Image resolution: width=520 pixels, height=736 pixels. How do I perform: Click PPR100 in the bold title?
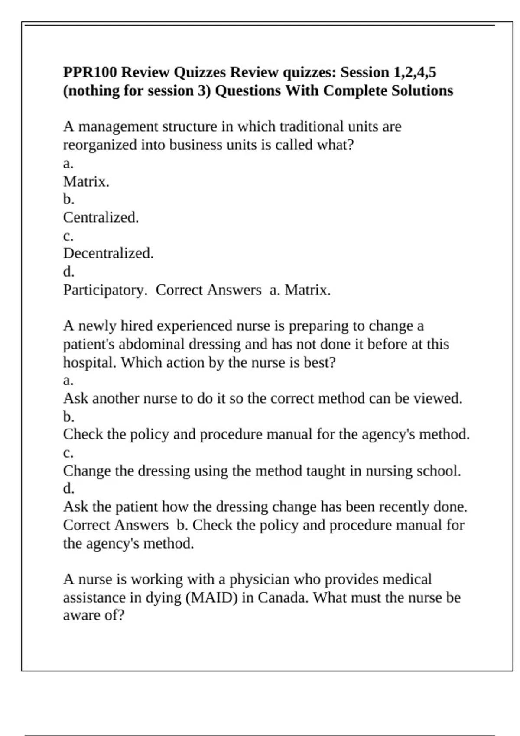(90, 72)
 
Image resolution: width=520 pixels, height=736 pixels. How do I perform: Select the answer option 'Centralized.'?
(101, 217)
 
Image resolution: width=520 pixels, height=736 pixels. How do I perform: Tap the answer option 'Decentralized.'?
(108, 253)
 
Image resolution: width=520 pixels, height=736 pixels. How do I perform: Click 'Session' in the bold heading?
(365, 72)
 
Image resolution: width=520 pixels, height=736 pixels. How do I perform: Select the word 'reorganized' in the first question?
(100, 145)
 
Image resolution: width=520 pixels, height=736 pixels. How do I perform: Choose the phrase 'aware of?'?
(94, 615)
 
